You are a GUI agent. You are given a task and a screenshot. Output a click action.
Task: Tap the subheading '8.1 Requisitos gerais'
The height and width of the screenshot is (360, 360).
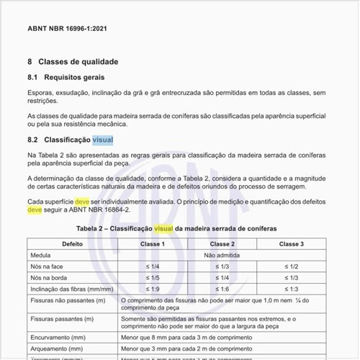(x=66, y=77)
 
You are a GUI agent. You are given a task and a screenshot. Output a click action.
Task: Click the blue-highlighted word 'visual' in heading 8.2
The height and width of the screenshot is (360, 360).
(x=102, y=140)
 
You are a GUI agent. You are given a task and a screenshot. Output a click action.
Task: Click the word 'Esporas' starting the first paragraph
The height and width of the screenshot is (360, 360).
(x=42, y=93)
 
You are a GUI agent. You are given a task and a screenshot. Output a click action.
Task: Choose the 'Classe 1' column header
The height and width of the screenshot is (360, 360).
(x=152, y=244)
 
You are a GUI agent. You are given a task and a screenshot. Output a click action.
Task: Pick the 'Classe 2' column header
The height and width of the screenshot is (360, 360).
(x=222, y=244)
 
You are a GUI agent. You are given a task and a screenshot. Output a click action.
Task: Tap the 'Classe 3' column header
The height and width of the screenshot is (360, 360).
(x=292, y=244)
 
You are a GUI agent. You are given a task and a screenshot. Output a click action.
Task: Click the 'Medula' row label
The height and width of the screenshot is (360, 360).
(x=41, y=255)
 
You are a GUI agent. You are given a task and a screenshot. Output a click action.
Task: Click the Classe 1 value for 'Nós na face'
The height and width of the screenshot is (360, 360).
(x=152, y=266)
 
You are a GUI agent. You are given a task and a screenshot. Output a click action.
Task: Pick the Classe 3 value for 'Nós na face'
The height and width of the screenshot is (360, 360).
(x=292, y=266)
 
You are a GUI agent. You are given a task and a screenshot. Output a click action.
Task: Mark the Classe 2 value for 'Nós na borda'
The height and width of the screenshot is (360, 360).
(x=222, y=277)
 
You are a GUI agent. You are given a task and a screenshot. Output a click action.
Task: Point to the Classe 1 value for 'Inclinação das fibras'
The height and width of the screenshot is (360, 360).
(x=152, y=288)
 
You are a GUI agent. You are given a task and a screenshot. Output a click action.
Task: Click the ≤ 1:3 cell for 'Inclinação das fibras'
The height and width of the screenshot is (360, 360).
(x=292, y=288)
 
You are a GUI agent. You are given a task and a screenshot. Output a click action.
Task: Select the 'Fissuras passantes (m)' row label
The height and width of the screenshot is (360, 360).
(x=63, y=318)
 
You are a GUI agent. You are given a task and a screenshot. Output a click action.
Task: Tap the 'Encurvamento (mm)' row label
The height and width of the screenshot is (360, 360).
(x=55, y=335)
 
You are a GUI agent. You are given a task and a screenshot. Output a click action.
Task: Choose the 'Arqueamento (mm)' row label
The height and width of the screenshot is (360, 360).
(x=55, y=346)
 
